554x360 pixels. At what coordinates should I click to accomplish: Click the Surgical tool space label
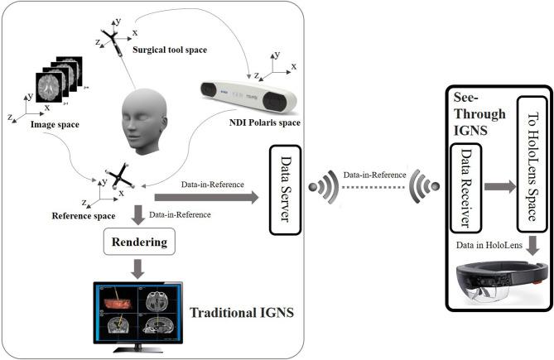pyautogui.click(x=170, y=50)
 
